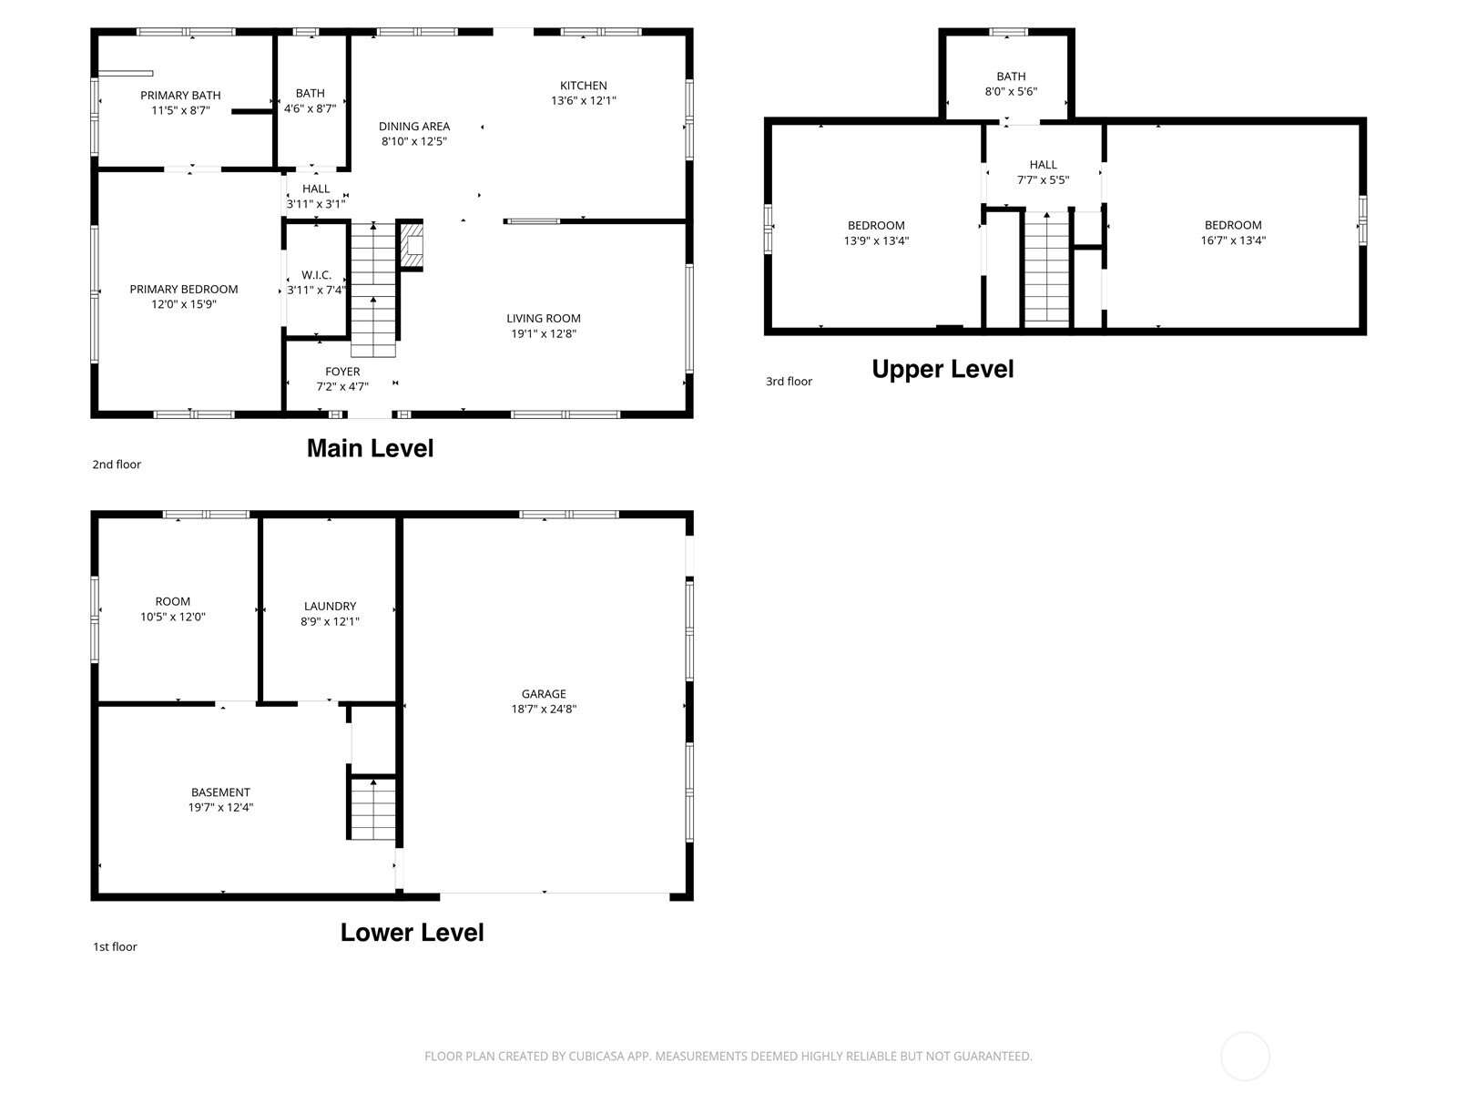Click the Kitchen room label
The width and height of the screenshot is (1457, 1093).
583,86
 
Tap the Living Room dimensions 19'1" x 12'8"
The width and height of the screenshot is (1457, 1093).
544,333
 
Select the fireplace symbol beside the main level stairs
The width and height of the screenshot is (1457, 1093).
413,246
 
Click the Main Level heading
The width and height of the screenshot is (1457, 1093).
370,448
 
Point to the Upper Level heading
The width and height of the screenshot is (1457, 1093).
942,369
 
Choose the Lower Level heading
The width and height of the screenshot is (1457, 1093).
412,932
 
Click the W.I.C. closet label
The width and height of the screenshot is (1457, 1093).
316,275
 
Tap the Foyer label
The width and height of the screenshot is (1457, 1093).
342,372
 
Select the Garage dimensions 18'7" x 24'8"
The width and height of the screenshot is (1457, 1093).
544,709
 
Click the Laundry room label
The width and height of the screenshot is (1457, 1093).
330,606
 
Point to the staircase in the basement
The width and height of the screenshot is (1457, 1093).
373,809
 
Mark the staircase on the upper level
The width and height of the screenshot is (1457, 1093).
1046,268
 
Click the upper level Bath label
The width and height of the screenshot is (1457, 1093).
1011,77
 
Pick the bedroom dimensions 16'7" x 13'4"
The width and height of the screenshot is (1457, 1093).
1233,240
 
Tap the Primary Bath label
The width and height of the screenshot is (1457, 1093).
180,95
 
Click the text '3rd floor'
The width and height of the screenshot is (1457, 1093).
789,382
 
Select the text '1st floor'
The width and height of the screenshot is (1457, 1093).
115,946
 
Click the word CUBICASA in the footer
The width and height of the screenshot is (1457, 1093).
596,1057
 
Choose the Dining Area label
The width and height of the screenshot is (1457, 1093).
414,127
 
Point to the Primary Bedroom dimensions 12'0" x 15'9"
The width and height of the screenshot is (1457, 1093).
184,304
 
